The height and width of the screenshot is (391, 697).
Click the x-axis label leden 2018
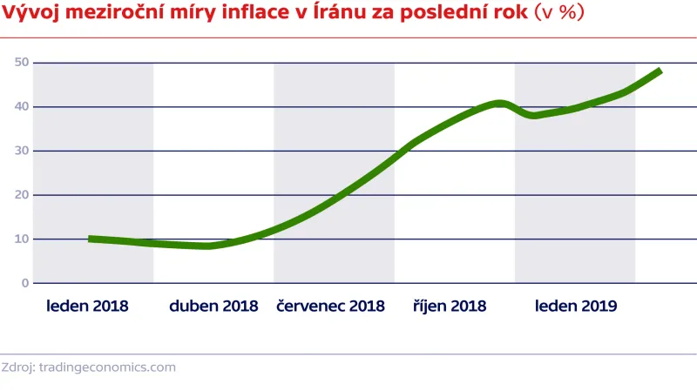click(87, 307)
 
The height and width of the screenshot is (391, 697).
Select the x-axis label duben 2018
click(213, 307)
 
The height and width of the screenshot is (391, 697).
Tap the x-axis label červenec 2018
click(330, 307)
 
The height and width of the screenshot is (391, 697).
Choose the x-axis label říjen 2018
click(449, 307)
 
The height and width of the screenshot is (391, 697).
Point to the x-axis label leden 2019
click(576, 307)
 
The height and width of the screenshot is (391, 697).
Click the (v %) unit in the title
click(558, 13)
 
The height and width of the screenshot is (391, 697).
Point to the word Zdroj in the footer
click(17, 367)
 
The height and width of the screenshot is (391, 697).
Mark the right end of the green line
click(660, 71)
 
